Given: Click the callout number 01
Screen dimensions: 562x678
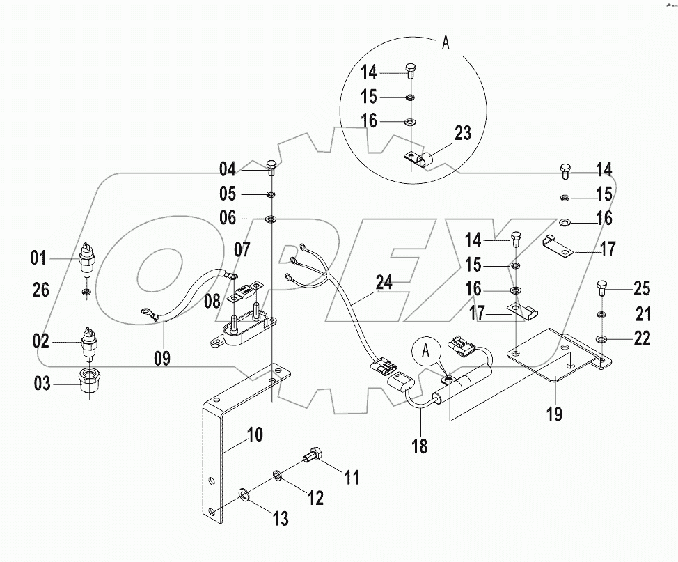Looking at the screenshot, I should pos(38,259).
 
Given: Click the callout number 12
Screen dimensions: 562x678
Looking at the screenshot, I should pos(315,498).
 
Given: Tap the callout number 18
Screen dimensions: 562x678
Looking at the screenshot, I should pos(420,445).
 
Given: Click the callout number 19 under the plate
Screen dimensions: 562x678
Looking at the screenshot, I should pos(555,416).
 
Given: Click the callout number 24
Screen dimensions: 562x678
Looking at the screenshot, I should pos(382,283).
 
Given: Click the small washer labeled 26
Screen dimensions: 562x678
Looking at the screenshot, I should pos(86,290).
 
